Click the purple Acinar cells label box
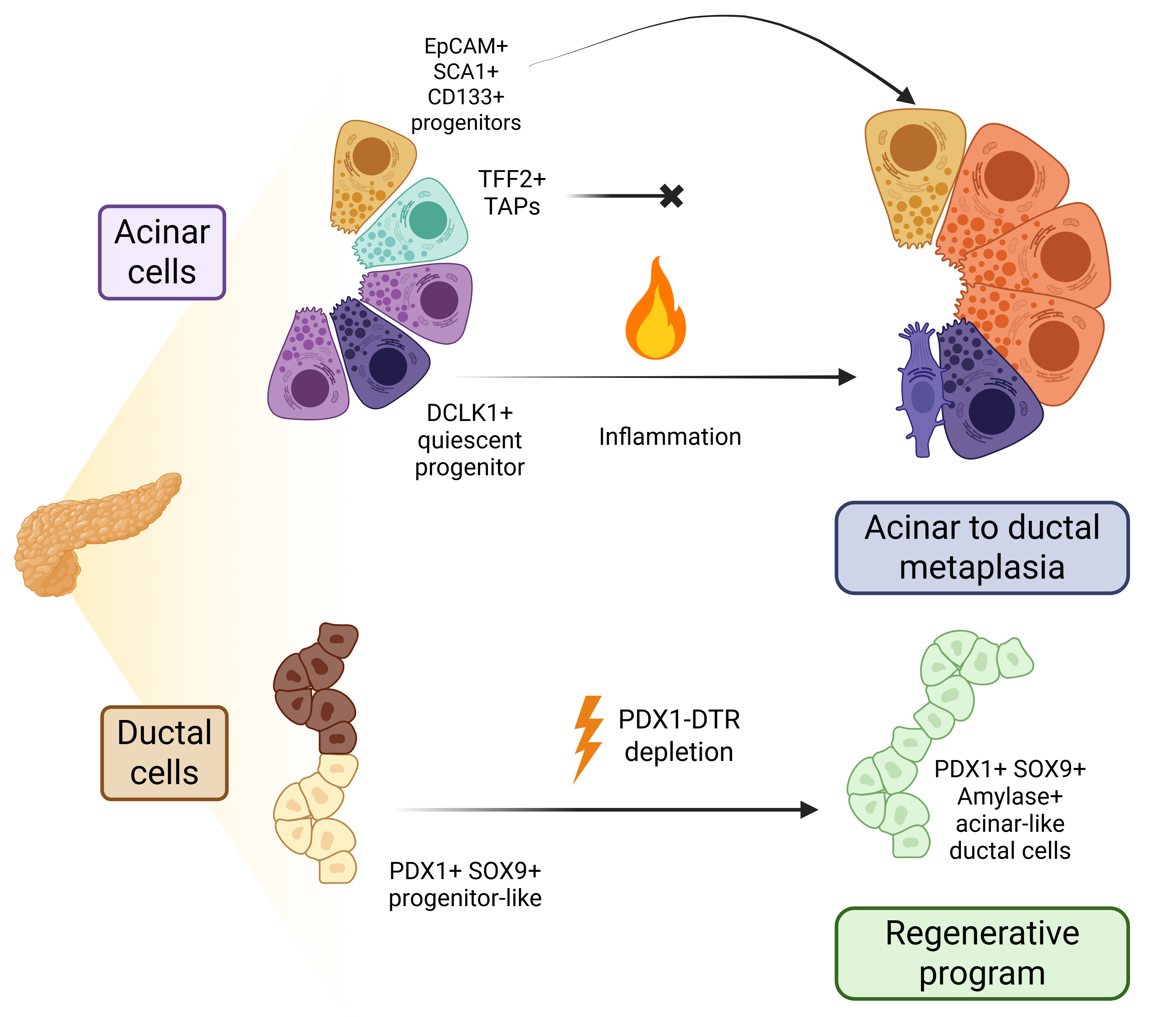162,253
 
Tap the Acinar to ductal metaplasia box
982,548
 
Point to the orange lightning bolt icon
588,738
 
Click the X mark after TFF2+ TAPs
672,196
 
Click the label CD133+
466,97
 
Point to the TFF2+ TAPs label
512,193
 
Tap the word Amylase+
1010,797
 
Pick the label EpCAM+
466,46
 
